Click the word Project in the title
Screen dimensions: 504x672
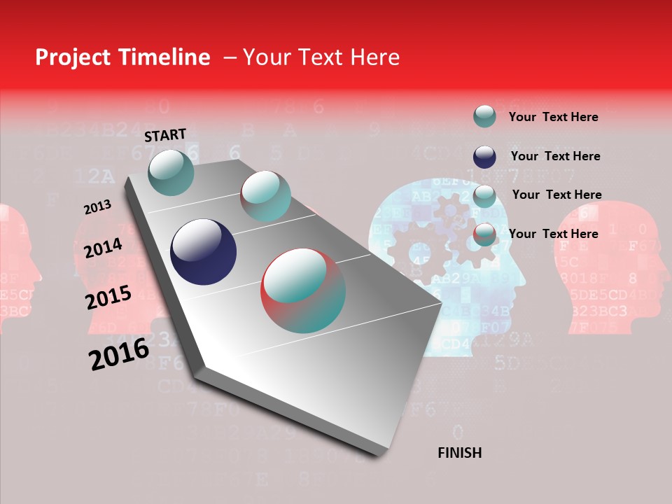pyautogui.click(x=73, y=57)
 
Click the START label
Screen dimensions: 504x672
pyautogui.click(x=165, y=135)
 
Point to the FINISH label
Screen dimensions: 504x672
pyautogui.click(x=460, y=453)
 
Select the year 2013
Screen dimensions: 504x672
pyautogui.click(x=97, y=207)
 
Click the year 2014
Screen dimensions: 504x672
pyautogui.click(x=104, y=248)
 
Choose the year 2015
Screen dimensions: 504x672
pyautogui.click(x=108, y=297)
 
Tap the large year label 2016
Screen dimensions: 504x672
pyautogui.click(x=119, y=354)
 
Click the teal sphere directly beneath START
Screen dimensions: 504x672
pyautogui.click(x=171, y=172)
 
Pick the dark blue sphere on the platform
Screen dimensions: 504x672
pyautogui.click(x=204, y=252)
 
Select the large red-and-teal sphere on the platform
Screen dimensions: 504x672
pyautogui.click(x=303, y=290)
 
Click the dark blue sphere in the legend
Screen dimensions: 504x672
pyautogui.click(x=484, y=157)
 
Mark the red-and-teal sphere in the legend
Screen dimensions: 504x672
pyautogui.click(x=484, y=234)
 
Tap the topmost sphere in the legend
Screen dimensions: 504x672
pyautogui.click(x=484, y=116)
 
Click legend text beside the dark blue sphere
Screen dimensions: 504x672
pyautogui.click(x=555, y=156)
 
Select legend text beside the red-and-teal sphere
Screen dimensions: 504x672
pyautogui.click(x=554, y=234)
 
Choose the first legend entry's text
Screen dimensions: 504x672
pyautogui.click(x=554, y=117)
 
